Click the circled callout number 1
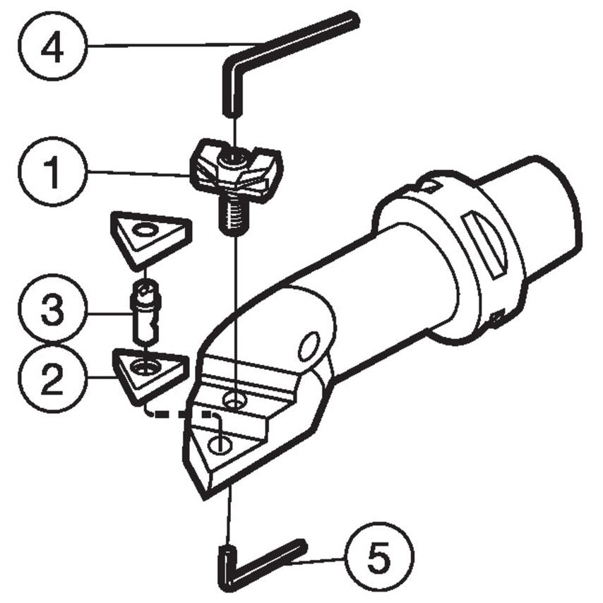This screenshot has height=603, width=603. pyautogui.click(x=51, y=172)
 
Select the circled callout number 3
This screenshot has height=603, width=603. pyautogui.click(x=51, y=311)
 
